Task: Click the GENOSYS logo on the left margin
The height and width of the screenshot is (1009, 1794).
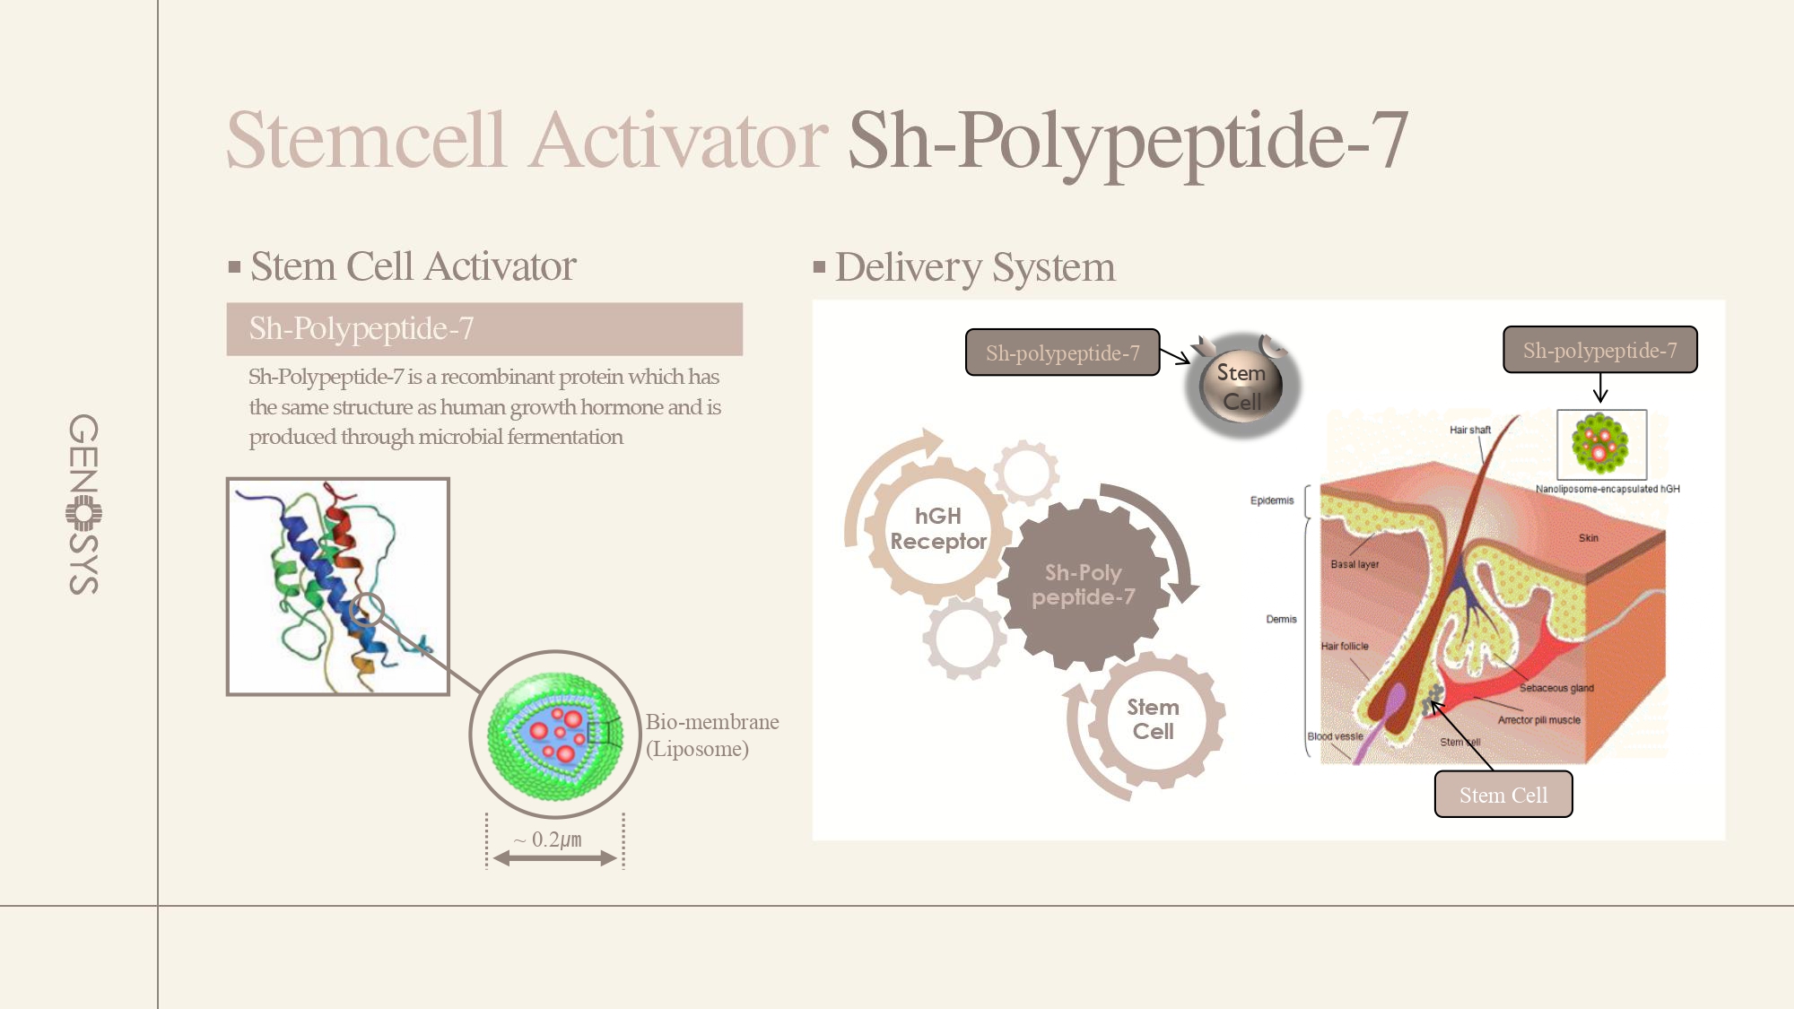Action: [x=83, y=504]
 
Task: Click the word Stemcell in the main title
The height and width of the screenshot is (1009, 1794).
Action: [x=366, y=140]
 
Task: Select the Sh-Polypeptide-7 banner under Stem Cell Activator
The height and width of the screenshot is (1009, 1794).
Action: [x=484, y=329]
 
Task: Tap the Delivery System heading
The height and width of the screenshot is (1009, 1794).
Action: [x=975, y=267]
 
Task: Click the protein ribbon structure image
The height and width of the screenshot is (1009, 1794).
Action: [x=338, y=587]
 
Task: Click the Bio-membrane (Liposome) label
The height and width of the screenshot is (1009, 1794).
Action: [x=712, y=735]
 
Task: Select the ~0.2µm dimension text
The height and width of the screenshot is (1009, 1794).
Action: [x=548, y=839]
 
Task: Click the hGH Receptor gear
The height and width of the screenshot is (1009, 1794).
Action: [x=937, y=529]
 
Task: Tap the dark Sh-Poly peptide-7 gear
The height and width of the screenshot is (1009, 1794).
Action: [x=1083, y=585]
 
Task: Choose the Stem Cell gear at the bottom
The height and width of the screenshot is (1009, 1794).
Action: [x=1154, y=719]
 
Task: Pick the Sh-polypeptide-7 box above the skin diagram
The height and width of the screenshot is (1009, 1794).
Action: [x=1600, y=350]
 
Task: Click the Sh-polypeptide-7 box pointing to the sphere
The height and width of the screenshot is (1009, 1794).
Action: [x=1063, y=352]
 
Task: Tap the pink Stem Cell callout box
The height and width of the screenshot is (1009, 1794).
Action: [x=1503, y=795]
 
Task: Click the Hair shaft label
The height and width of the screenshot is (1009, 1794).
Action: [x=1470, y=430]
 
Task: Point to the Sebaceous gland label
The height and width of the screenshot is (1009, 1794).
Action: [x=1556, y=688]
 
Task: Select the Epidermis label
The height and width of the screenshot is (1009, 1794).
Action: [x=1272, y=500]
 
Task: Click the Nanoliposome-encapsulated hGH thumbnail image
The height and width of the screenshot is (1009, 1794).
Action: [x=1602, y=445]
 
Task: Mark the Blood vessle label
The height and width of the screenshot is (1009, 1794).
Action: [x=1335, y=736]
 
